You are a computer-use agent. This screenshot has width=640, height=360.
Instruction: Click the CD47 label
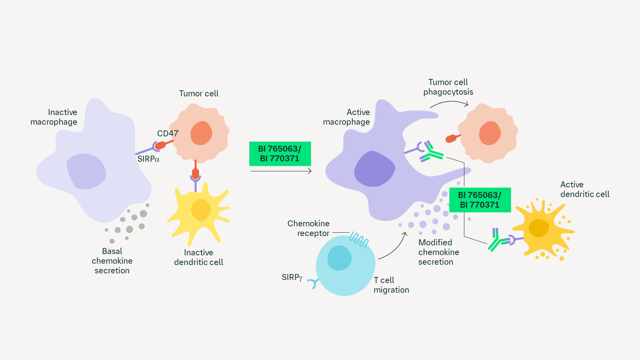pyautogui.click(x=168, y=134)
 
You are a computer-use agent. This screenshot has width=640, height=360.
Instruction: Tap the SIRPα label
pyautogui.click(x=148, y=159)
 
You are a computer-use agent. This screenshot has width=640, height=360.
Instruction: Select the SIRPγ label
pyautogui.click(x=292, y=277)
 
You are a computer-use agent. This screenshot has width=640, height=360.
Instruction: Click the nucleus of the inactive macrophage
pyautogui.click(x=86, y=171)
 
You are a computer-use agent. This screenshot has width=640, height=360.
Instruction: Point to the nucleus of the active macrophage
pyautogui.click(x=374, y=169)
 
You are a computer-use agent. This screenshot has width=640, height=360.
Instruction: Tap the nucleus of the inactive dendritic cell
pyautogui.click(x=201, y=210)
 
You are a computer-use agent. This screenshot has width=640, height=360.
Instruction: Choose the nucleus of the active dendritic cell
pyautogui.click(x=539, y=228)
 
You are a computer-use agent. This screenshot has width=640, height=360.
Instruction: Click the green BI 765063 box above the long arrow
pyautogui.click(x=280, y=154)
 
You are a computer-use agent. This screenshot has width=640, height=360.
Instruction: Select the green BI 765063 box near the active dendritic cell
pyautogui.click(x=480, y=200)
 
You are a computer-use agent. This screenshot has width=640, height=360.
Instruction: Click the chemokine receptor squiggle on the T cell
pyautogui.click(x=359, y=239)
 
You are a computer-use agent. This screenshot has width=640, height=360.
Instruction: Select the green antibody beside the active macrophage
pyautogui.click(x=431, y=152)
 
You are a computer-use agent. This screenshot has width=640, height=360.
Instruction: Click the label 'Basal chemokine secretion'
pyautogui.click(x=112, y=261)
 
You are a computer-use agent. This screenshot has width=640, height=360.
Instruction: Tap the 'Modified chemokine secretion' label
pyautogui.click(x=439, y=252)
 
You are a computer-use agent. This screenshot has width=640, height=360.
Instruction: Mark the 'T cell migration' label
pyautogui.click(x=391, y=285)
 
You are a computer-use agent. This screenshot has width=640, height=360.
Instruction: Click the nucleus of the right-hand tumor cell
pyautogui.click(x=490, y=133)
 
